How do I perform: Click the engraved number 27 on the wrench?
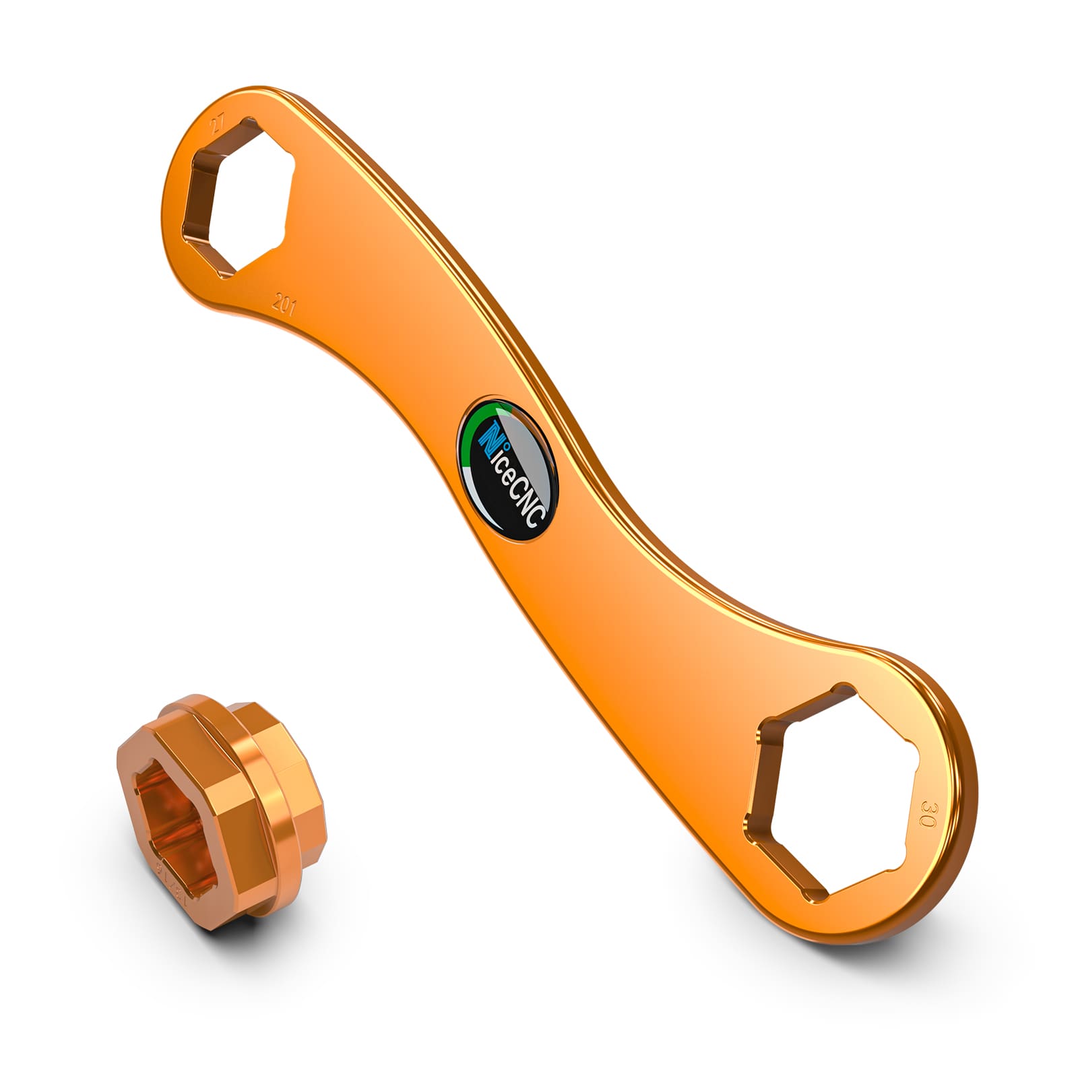[217, 124]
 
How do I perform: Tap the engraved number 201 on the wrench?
[284, 304]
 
